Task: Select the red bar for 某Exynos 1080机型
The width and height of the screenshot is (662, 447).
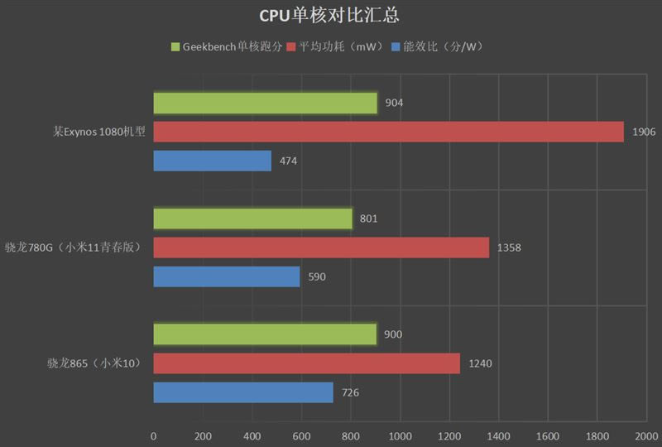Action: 388,132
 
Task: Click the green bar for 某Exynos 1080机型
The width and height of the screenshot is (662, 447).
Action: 265,103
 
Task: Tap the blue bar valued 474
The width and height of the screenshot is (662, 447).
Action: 212,161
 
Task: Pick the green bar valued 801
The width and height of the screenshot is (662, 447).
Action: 252,219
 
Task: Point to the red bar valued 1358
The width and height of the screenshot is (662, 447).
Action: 321,248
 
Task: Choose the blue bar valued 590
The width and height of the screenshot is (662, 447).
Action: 226,276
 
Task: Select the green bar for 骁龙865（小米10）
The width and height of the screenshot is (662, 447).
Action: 265,334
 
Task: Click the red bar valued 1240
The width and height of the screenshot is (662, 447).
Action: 306,363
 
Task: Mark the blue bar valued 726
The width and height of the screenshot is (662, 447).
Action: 243,392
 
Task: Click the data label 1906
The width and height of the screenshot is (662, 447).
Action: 644,132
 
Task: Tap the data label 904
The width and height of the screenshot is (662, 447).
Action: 395,103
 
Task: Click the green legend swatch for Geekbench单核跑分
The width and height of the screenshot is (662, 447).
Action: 175,47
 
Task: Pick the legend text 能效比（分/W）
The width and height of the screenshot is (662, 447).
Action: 444,47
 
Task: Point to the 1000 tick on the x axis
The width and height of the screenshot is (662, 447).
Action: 401,435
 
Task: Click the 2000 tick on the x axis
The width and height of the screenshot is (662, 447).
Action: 646,435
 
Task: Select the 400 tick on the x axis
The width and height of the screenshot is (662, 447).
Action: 252,435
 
